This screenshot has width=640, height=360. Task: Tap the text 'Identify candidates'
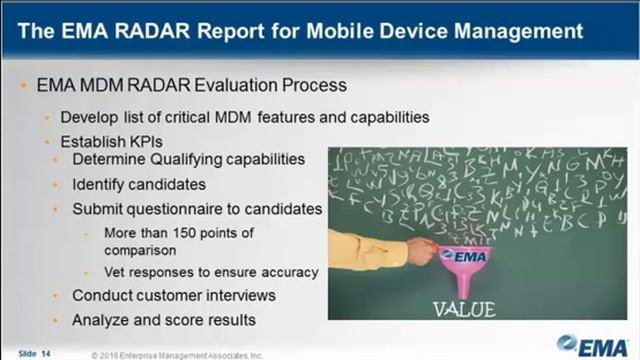coord(139,185)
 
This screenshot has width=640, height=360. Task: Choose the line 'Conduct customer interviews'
coord(172,296)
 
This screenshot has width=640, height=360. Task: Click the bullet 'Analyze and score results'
coord(163,320)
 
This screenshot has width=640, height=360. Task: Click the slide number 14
coord(46,353)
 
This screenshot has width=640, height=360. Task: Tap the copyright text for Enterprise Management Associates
coord(181,354)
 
